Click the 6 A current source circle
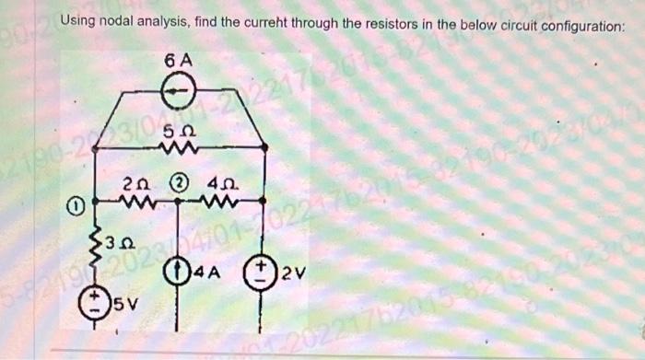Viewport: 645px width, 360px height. click(x=176, y=90)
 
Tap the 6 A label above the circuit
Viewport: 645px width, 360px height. click(x=177, y=61)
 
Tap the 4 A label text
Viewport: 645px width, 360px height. click(x=201, y=273)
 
